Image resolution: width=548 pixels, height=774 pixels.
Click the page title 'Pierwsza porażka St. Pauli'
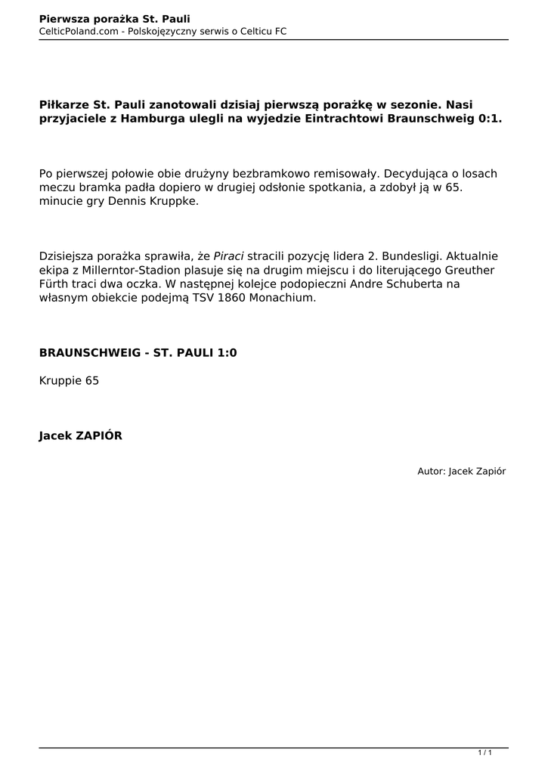114,18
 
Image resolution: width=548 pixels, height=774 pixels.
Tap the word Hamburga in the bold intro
153,119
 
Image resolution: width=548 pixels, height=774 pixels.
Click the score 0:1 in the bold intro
490,119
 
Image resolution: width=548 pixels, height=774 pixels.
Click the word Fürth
55,284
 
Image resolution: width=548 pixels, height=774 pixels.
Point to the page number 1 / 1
485,752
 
